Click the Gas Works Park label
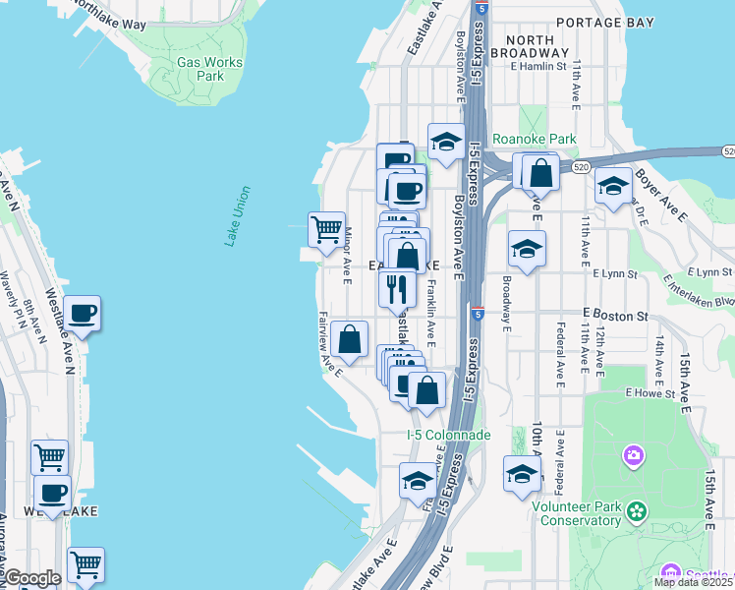pos(208,69)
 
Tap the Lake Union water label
pos(237,216)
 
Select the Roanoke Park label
pos(535,140)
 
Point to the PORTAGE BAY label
pos(601,22)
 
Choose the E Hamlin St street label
pos(538,67)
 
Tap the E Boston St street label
pos(615,316)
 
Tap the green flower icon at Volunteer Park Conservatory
pos(638,511)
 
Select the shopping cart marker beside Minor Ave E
pos(326,231)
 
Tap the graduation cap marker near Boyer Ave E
pos(613,187)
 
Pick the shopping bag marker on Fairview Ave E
pos(350,340)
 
